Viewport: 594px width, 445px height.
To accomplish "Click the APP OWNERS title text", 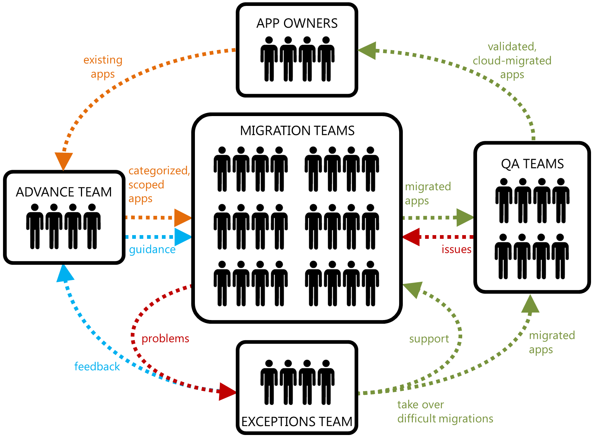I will (x=297, y=23).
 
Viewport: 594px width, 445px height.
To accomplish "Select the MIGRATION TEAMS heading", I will (x=297, y=131).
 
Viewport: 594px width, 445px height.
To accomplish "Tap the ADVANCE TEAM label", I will (x=64, y=192).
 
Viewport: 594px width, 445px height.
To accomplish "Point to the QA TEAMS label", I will (x=532, y=164).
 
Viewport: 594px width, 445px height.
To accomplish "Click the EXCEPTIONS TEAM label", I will (x=297, y=422).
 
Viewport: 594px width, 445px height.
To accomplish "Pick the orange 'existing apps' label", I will (x=103, y=67).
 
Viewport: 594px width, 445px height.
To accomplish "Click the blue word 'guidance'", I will (x=152, y=249).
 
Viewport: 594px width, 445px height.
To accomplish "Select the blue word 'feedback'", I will (x=97, y=366).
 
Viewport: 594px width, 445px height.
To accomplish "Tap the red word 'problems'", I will (x=165, y=338).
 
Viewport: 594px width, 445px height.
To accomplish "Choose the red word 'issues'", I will (x=456, y=249).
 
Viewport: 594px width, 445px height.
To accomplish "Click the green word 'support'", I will (x=429, y=339).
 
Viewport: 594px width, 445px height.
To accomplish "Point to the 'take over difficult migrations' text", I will (x=445, y=411).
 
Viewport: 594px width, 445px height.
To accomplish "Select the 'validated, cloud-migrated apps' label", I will (x=512, y=60).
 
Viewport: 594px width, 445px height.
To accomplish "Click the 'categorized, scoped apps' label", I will (x=159, y=185).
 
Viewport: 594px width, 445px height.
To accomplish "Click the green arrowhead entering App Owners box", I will (x=367, y=50).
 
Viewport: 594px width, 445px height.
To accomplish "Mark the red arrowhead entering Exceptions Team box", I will (x=227, y=392).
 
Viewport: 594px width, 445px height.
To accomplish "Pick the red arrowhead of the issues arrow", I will (x=411, y=237).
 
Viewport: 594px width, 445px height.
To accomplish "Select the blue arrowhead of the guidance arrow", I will (x=183, y=237).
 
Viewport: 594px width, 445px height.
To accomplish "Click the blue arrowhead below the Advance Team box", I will (x=65, y=274).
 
